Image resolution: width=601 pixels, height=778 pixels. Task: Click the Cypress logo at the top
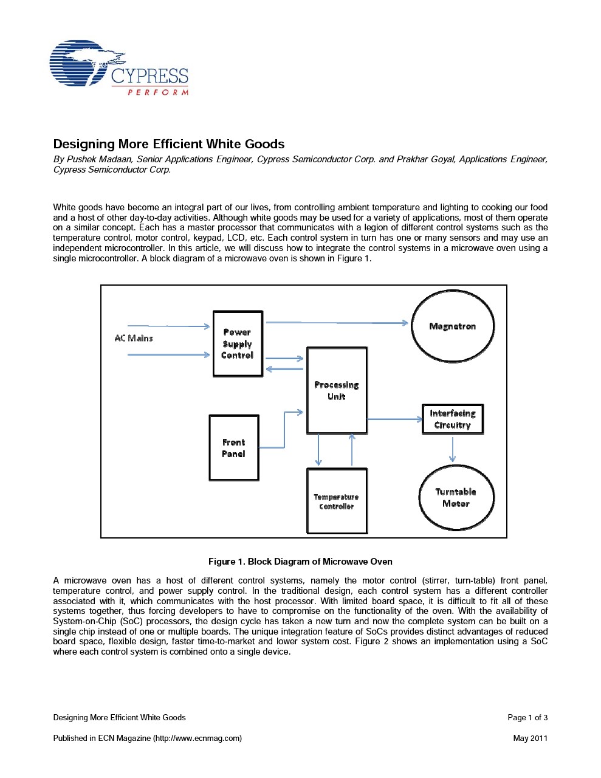(118, 68)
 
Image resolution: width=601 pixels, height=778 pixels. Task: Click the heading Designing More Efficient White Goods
(169, 144)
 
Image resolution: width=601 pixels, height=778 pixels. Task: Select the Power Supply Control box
(238, 344)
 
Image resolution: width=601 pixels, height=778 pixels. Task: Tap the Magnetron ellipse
(453, 326)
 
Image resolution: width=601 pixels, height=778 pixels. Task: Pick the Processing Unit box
(337, 390)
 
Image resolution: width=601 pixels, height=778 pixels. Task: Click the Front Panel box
(234, 448)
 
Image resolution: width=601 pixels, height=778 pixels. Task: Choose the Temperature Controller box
(337, 501)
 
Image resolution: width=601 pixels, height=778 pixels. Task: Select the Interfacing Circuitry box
(453, 419)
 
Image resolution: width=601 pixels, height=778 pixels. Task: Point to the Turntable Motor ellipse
(456, 497)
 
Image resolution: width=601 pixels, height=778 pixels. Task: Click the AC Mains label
(134, 338)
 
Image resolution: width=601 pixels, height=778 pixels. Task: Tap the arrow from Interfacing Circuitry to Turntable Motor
(452, 450)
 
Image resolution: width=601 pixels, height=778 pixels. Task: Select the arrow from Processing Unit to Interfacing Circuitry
(395, 419)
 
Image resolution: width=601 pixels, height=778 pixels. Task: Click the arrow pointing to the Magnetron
(337, 323)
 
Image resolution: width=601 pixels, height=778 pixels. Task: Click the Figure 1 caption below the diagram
(300, 562)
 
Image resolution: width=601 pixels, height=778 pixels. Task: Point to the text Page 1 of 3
(527, 717)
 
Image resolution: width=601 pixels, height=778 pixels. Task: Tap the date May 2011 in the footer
(530, 738)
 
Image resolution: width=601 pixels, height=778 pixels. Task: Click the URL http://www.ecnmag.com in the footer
(197, 738)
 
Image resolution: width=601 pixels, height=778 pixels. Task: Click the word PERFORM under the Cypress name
(158, 92)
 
